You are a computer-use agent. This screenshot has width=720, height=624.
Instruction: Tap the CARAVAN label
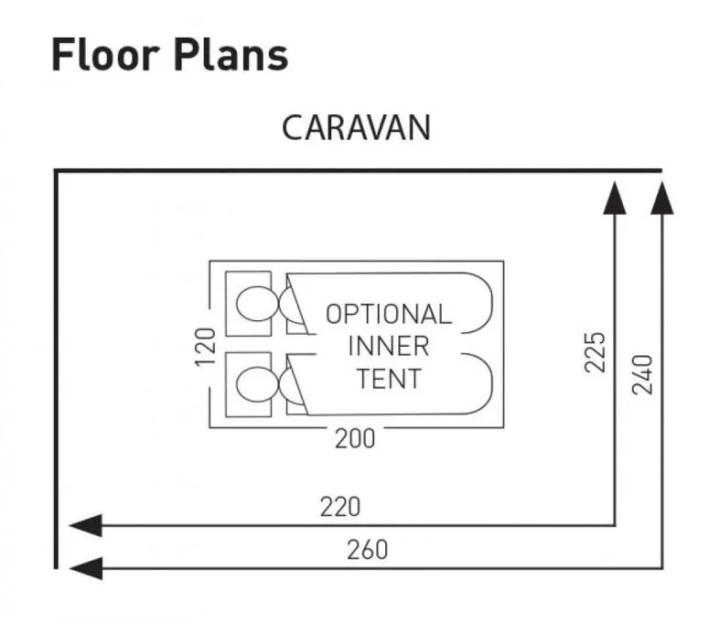(356, 128)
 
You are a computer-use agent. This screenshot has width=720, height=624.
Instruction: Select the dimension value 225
(595, 352)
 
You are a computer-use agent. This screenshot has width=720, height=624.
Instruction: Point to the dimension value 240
(643, 373)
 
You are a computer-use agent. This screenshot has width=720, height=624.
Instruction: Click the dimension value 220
(339, 506)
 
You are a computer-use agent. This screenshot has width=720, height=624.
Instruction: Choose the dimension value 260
(367, 550)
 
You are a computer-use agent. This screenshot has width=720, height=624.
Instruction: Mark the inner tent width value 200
(355, 439)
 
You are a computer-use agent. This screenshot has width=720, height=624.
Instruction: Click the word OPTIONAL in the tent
(389, 315)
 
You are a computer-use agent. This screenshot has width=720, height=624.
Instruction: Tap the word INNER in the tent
(388, 347)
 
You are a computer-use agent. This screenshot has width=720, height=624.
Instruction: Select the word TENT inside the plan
(389, 378)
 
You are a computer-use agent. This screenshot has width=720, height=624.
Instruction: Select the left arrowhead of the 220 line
(83, 525)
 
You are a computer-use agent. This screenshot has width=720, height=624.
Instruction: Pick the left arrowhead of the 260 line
(83, 568)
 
